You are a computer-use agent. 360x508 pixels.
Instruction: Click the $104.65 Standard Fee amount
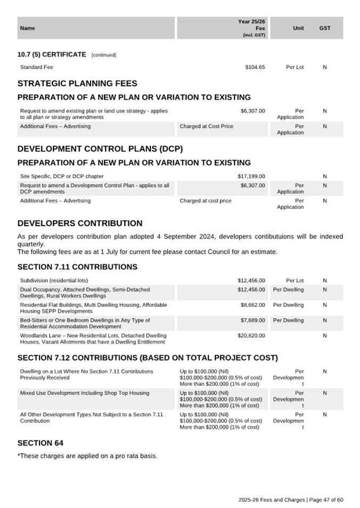coord(254,67)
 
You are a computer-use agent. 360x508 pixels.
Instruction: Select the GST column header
coord(325,28)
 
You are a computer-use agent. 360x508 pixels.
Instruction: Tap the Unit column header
coord(298,28)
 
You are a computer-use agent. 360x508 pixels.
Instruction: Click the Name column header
coord(27,28)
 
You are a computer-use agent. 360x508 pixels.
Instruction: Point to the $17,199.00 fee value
coord(251,176)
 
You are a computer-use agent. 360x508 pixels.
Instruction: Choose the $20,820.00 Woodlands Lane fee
coord(251,336)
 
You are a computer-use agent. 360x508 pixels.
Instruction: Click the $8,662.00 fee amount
coord(253,305)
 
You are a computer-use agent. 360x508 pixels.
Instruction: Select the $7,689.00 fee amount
coord(253,321)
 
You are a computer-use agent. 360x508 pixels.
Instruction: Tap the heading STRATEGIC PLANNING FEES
coord(77,84)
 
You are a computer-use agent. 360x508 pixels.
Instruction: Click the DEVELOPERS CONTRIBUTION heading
coord(80,223)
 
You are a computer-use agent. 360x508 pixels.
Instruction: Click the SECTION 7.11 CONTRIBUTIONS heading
coord(77,267)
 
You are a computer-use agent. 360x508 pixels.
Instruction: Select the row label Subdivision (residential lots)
coord(54,280)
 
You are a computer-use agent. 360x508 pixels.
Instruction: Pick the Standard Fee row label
coord(36,67)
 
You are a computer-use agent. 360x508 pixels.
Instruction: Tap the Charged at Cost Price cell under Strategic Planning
coord(206,126)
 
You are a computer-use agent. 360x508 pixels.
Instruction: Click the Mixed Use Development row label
coord(84,393)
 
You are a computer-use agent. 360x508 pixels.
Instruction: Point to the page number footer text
coord(291,499)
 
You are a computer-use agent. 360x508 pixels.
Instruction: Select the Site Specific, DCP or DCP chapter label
coord(62,176)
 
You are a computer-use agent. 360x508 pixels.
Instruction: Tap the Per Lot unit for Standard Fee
coord(294,67)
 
